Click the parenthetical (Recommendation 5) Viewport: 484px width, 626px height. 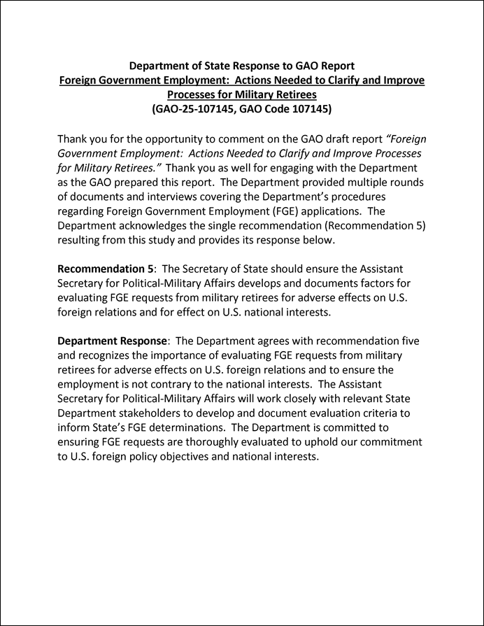point(365,226)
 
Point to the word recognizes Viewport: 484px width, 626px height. point(111,355)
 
